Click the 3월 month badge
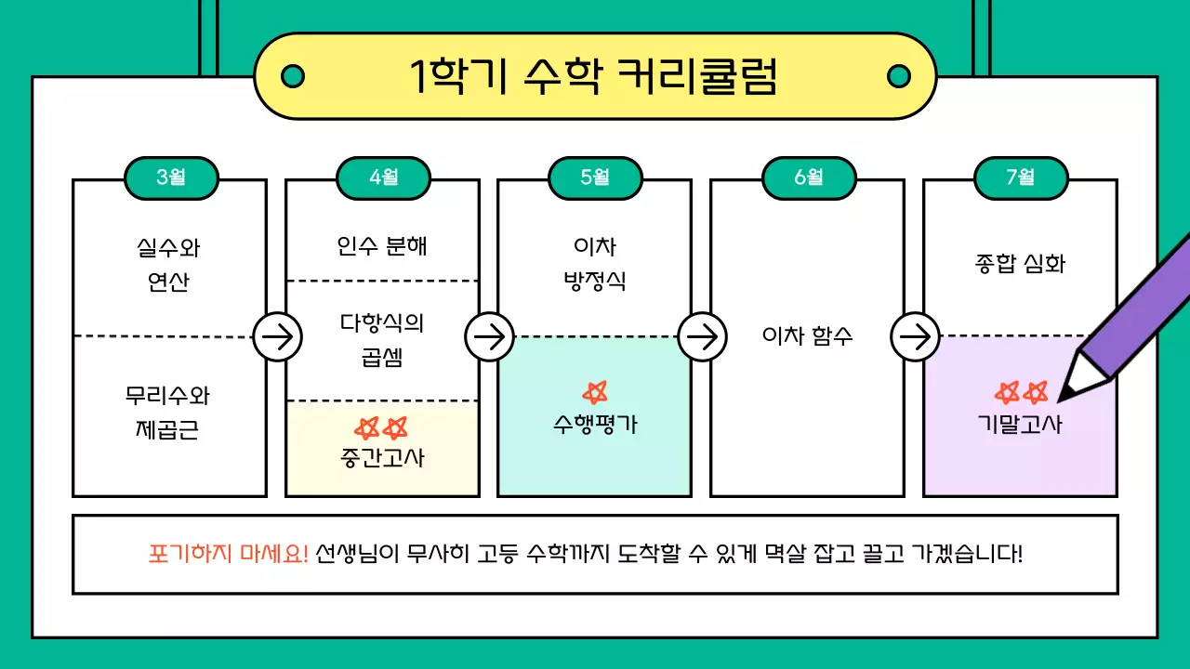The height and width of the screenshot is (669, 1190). [171, 177]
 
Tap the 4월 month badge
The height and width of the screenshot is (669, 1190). [383, 177]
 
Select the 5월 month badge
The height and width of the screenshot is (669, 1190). [595, 177]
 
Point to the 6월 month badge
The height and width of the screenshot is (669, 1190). [808, 177]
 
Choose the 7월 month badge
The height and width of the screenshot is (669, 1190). [1020, 177]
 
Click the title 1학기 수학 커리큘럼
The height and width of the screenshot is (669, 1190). [594, 76]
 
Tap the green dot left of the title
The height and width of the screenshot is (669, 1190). [292, 76]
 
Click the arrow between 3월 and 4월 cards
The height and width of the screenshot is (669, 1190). [277, 336]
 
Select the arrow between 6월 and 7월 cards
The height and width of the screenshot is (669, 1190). [915, 336]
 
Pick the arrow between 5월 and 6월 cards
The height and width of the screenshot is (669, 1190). [702, 336]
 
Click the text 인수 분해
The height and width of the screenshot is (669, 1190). [382, 247]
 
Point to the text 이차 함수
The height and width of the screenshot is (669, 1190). [807, 336]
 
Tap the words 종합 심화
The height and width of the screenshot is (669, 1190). [1020, 264]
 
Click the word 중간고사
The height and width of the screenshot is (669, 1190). [382, 457]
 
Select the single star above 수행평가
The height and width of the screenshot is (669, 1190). [595, 392]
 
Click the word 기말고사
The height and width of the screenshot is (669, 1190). [1020, 425]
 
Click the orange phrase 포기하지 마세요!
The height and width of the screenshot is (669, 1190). [228, 554]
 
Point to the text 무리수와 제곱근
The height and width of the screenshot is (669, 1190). [168, 413]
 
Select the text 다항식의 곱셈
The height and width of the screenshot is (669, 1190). [382, 339]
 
